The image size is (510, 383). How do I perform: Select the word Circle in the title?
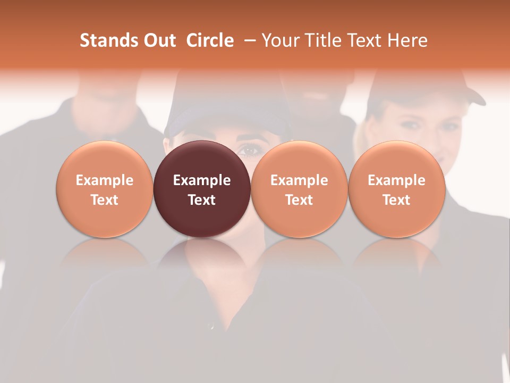coord(210,40)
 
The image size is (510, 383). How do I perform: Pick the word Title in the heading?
coord(321,40)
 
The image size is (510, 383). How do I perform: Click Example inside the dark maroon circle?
coord(202,180)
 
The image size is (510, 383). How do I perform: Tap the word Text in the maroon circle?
coord(202,200)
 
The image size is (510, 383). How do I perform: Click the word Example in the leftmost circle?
coord(104,180)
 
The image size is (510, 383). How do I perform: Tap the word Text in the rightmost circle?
coord(396,200)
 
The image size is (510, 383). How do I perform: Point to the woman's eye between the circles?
coord(250,151)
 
